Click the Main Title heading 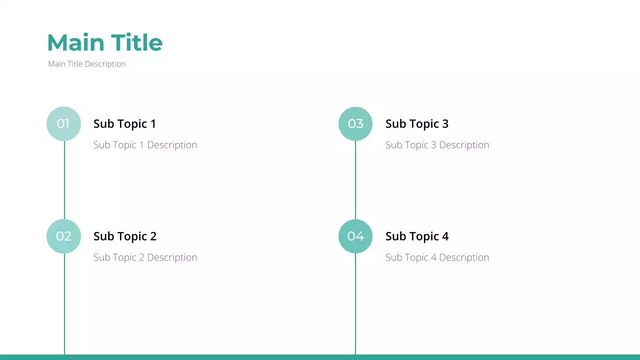104,43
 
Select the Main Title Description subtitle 86,64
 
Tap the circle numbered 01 63,123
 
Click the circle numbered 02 63,236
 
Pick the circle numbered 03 355,123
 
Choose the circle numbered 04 355,236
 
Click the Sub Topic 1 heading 124,124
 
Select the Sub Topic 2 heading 124,236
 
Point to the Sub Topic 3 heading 416,124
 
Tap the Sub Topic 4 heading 416,236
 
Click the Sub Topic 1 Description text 145,145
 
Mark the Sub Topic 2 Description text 145,257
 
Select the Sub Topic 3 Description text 437,145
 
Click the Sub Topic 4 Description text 437,257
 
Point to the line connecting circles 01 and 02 64,180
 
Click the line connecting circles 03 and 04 355,180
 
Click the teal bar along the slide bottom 320,357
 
